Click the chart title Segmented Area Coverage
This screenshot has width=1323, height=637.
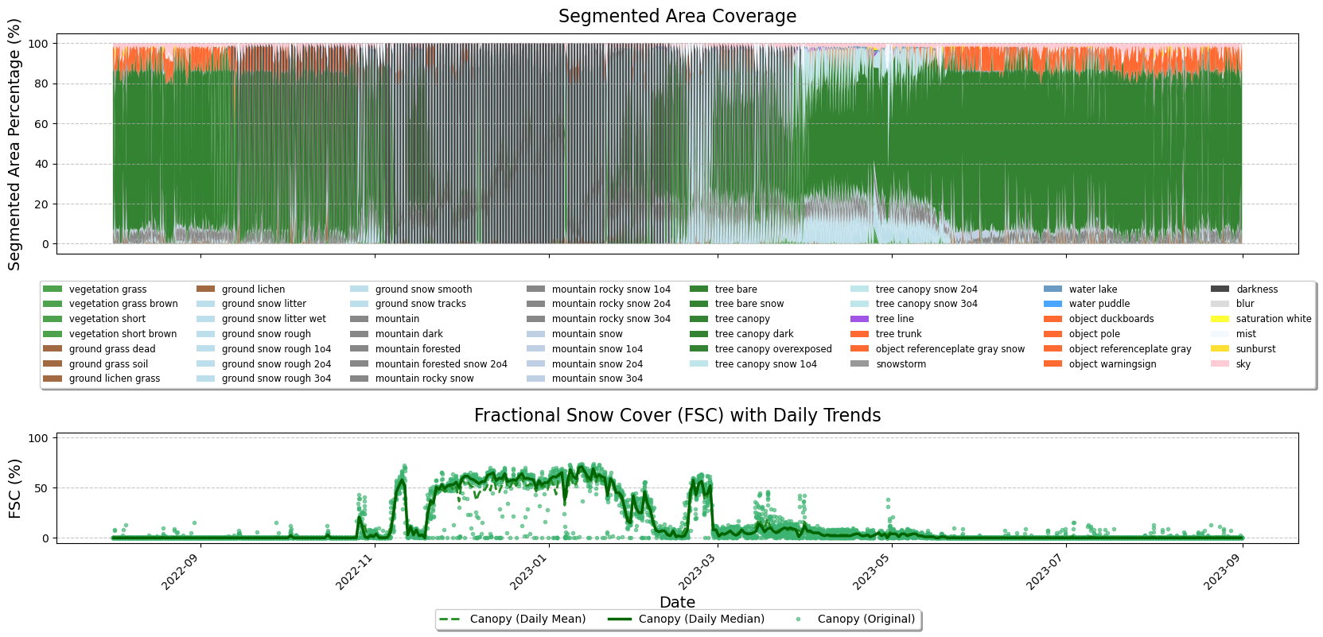point(677,17)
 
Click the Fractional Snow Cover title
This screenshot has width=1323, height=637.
point(677,416)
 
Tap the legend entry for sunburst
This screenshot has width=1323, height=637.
point(1255,349)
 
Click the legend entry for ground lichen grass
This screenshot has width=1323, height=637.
point(114,379)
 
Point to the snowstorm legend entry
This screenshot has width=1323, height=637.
point(901,364)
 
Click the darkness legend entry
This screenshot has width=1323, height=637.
point(1256,289)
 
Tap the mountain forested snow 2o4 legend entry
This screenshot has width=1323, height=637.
point(441,364)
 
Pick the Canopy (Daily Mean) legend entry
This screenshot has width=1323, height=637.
point(527,620)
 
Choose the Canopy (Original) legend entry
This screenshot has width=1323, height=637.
point(866,620)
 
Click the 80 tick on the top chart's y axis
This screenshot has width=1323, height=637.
point(40,84)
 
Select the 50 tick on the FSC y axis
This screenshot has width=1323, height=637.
point(40,488)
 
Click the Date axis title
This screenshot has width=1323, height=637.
point(677,603)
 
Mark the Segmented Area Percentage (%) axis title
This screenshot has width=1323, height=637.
point(14,145)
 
